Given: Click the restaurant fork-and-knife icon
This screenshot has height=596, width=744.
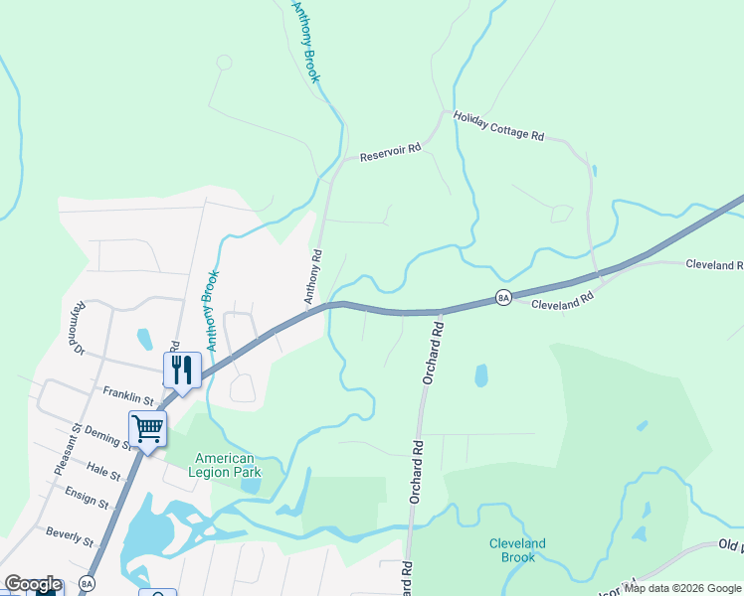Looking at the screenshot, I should click(182, 370).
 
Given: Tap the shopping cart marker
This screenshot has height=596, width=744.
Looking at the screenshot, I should click(147, 429).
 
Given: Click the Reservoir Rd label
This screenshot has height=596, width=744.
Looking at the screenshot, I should click(391, 152).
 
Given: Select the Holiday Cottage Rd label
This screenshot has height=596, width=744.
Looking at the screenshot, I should click(498, 125).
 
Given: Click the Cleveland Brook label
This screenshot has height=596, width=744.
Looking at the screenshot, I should click(517, 550).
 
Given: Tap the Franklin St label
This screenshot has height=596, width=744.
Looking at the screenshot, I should click(128, 395).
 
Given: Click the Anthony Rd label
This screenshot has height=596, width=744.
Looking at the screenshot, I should click(313, 275).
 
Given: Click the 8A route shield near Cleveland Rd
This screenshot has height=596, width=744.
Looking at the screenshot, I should click(503, 297).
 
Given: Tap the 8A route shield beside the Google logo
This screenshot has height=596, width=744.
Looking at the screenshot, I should click(87, 584).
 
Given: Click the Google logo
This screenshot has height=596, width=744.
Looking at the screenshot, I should click(33, 584).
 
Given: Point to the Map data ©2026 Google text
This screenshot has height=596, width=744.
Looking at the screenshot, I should click(682, 588).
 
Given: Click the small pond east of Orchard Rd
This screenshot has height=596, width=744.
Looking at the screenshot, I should click(481, 375).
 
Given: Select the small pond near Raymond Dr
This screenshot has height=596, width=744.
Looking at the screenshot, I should click(145, 339).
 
